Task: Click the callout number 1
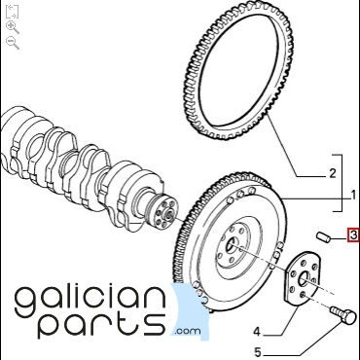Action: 354,195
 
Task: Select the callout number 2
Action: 333,173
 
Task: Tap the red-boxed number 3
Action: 353,234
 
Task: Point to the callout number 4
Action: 257,332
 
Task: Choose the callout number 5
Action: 257,352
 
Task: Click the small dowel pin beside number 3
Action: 323,236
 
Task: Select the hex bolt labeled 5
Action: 343,314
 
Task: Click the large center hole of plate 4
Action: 305,279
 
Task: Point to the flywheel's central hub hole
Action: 232,247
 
